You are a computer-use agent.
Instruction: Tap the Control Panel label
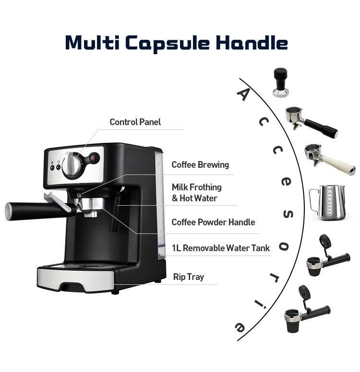135,122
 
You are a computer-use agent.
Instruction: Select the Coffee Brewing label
200,165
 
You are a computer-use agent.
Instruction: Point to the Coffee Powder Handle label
213,222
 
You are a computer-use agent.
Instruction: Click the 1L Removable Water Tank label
220,248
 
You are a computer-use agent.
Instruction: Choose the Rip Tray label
188,277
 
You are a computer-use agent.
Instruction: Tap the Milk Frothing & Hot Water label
197,192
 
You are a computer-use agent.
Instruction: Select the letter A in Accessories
244,94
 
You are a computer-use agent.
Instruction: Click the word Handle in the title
252,43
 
